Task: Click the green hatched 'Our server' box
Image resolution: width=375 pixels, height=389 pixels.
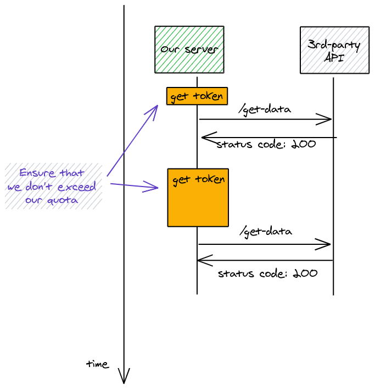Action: (189, 50)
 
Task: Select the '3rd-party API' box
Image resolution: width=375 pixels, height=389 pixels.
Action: (334, 50)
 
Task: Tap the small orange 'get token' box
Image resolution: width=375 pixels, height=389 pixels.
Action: (197, 96)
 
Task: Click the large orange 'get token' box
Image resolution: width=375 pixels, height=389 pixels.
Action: (198, 198)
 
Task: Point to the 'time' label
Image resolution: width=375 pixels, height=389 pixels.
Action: (98, 364)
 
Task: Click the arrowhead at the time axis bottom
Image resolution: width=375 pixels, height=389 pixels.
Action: (124, 379)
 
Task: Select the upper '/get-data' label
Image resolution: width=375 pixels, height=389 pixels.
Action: (265, 109)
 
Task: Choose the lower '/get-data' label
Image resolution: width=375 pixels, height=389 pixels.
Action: (265, 232)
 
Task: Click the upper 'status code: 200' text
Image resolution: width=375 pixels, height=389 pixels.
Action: (266, 145)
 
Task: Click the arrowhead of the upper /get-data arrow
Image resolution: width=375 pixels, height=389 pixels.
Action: (329, 119)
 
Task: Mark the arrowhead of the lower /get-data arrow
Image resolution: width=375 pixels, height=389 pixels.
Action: (328, 244)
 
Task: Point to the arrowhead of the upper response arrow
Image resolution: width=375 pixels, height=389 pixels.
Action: (204, 137)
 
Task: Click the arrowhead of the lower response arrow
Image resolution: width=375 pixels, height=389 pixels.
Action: (200, 260)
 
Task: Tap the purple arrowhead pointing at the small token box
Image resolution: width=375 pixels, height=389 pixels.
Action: (156, 107)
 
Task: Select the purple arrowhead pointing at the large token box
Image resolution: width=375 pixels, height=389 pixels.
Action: (154, 189)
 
